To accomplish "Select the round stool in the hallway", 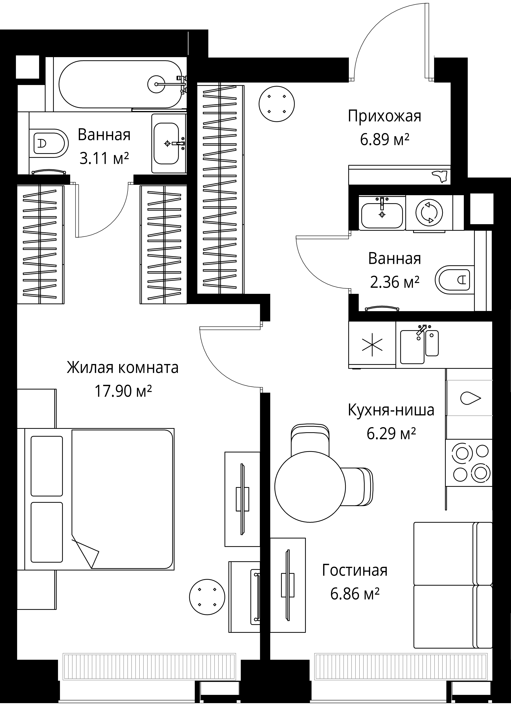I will coord(277,104).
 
